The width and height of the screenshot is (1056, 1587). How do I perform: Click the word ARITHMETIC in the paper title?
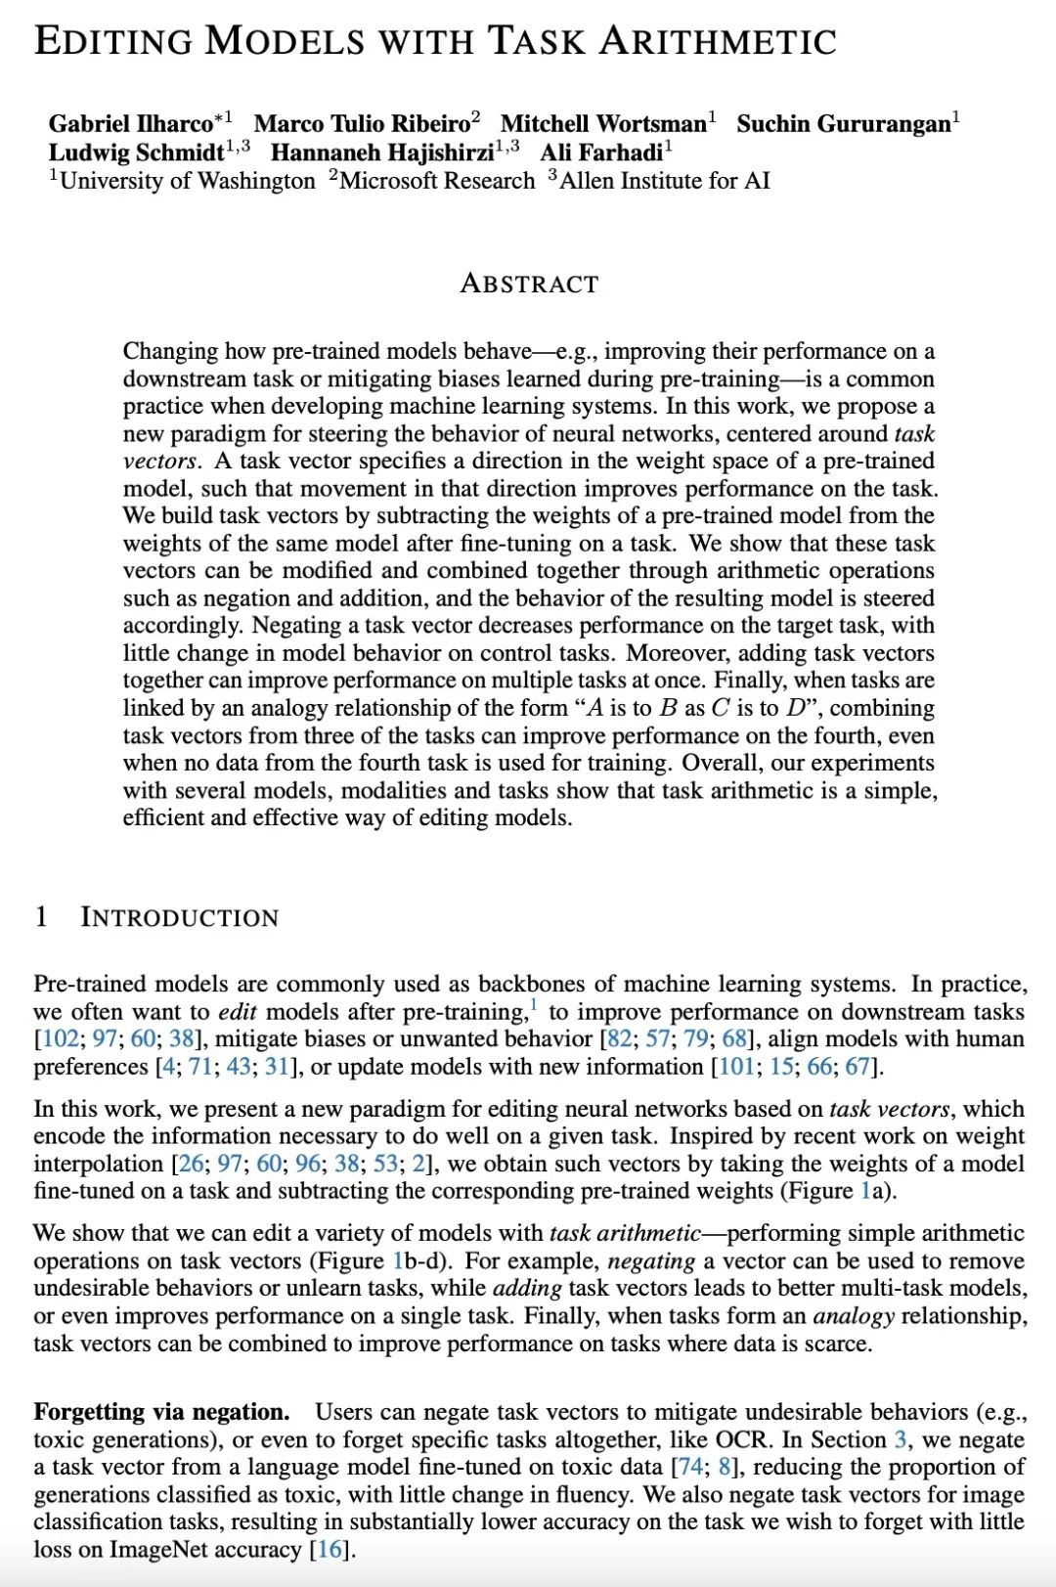(x=718, y=40)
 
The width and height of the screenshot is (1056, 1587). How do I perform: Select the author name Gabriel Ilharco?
(x=130, y=124)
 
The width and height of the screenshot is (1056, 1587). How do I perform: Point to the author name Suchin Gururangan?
(x=843, y=124)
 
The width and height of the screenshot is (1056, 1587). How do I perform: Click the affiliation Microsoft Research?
(x=437, y=181)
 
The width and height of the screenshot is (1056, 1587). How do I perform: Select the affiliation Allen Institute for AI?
(x=665, y=181)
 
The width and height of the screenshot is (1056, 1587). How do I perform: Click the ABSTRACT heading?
(x=529, y=284)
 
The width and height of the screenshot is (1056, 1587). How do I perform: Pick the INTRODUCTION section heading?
(x=179, y=917)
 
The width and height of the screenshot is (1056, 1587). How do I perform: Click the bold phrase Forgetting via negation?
(x=161, y=1412)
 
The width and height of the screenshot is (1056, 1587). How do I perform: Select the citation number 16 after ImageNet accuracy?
(x=330, y=1550)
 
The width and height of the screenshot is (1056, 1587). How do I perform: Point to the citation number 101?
(x=735, y=1067)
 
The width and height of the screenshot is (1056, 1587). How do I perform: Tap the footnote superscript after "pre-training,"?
(x=534, y=1004)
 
